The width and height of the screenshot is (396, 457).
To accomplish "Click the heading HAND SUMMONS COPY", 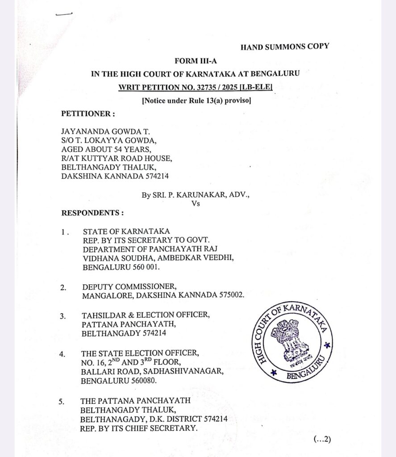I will pos(284,46).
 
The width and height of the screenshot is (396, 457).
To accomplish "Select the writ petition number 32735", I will pos(202,87).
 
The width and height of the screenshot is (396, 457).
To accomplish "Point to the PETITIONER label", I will pos(88,113).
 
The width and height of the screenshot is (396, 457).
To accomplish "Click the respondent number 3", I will pos(63,316).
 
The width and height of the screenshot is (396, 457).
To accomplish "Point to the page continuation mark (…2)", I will pos(322,439).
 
